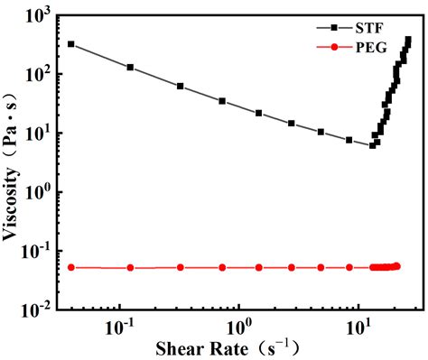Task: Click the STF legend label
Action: coord(369,29)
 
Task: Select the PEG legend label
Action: coord(371,47)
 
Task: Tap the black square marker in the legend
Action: coord(334,28)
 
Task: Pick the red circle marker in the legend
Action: coord(334,47)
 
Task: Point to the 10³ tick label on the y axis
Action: coord(36,15)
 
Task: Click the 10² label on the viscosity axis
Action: coord(36,73)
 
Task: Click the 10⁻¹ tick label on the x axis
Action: coord(120,328)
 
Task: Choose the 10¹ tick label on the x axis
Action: coord(358,328)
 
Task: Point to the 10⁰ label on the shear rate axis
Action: coord(239,328)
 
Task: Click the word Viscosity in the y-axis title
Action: coord(11,204)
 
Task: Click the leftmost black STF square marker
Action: coord(70,44)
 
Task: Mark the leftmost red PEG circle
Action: coord(71,267)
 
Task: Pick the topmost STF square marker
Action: coord(408,40)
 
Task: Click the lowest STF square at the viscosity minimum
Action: coord(372,145)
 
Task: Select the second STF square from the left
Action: coord(130,68)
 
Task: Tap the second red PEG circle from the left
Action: coord(130,268)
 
